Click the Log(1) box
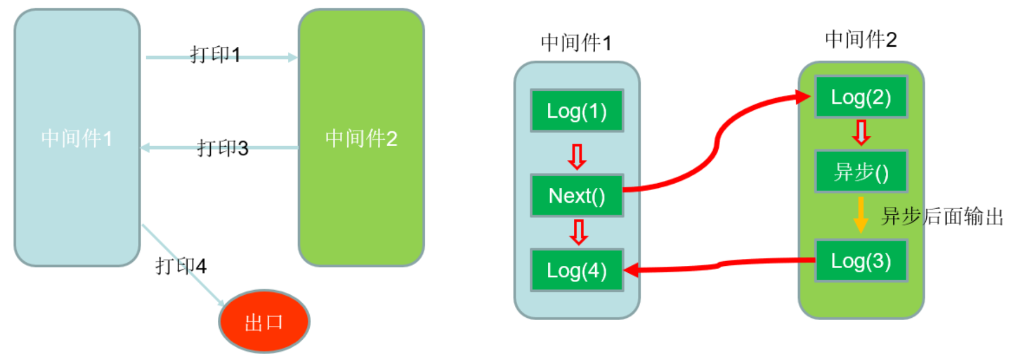(x=577, y=111)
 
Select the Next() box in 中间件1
(x=577, y=196)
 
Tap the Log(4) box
(x=577, y=270)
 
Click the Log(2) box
(x=861, y=97)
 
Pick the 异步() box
(x=861, y=172)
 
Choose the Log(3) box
(x=861, y=261)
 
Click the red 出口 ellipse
(x=264, y=322)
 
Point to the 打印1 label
(x=215, y=55)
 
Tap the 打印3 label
(x=222, y=148)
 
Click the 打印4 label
(x=181, y=266)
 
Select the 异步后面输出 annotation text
(x=942, y=217)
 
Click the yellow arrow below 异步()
(x=861, y=215)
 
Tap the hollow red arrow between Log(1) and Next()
(x=577, y=157)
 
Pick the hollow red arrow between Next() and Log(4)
(x=578, y=232)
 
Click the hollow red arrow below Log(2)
(x=861, y=133)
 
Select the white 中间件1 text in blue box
(x=77, y=139)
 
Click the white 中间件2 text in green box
(x=361, y=139)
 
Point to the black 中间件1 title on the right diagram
(x=576, y=43)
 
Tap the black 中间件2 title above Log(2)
(x=861, y=40)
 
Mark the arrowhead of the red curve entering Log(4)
(x=632, y=270)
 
